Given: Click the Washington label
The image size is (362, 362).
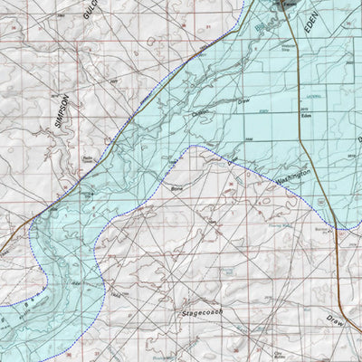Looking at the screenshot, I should pos(293,176).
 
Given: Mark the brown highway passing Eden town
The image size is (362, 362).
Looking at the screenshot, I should pos(327,136).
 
